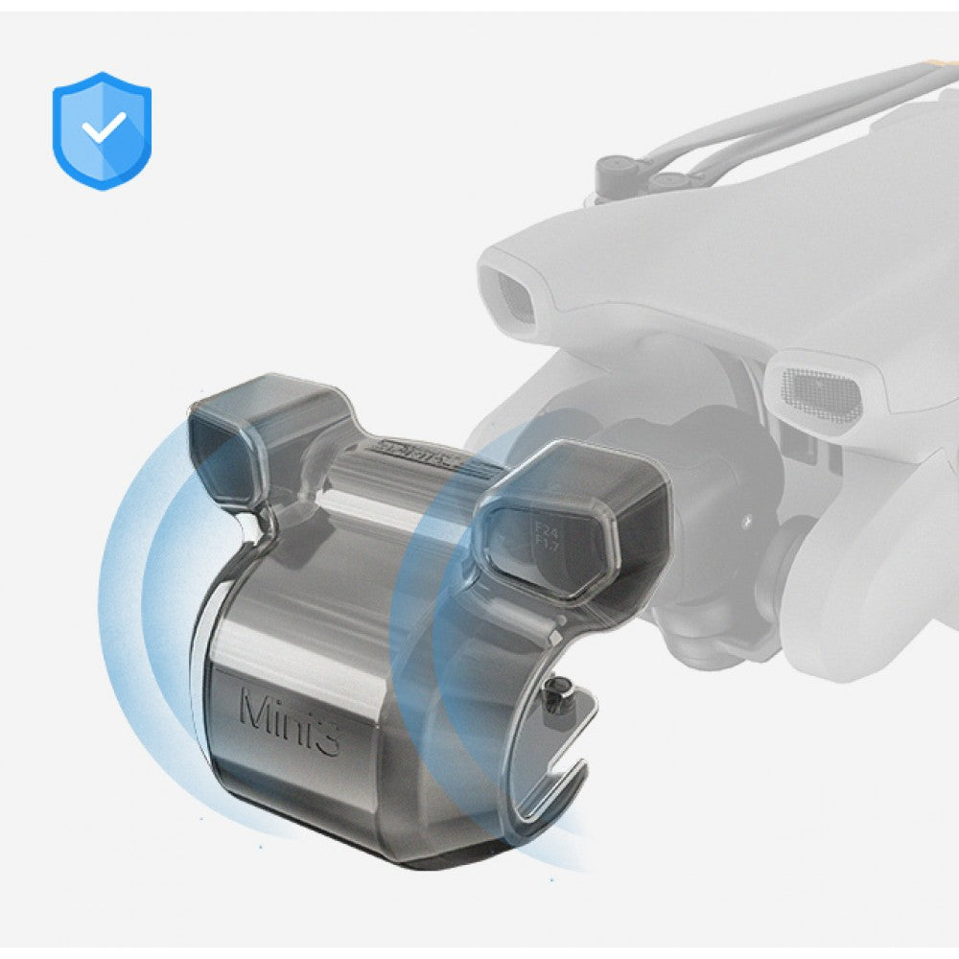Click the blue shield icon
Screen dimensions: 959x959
102,129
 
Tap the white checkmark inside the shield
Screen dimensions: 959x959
103,127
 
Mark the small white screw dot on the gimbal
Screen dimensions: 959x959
744,518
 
